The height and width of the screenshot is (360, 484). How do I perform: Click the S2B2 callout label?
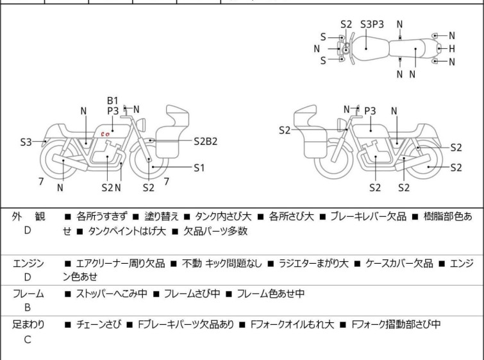click(206, 141)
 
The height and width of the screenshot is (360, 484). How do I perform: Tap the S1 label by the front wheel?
click(199, 167)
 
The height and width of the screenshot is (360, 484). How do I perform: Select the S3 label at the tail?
click(26, 142)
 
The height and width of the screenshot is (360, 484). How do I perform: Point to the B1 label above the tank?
click(113, 101)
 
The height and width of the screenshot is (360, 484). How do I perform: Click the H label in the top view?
click(451, 49)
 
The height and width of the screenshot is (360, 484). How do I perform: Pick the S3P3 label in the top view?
click(372, 24)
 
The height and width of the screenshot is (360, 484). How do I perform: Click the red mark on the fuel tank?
click(105, 134)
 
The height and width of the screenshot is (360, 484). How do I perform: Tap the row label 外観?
click(28, 216)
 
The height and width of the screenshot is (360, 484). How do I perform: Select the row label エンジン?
click(28, 263)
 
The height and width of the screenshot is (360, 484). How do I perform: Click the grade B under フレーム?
click(28, 307)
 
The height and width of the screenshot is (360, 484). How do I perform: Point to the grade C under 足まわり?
click(28, 339)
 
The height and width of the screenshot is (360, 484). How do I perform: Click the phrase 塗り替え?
click(162, 216)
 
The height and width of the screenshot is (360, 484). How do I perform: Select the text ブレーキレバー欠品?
click(368, 216)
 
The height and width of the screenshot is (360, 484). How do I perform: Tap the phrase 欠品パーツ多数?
click(215, 231)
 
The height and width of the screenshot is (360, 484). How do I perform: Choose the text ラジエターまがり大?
click(313, 263)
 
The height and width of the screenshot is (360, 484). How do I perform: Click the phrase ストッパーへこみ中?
click(112, 293)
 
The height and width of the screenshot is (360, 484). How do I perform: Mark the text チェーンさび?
click(98, 325)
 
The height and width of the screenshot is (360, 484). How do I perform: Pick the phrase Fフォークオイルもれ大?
click(292, 325)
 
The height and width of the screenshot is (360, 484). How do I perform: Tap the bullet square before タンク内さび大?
click(187, 217)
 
